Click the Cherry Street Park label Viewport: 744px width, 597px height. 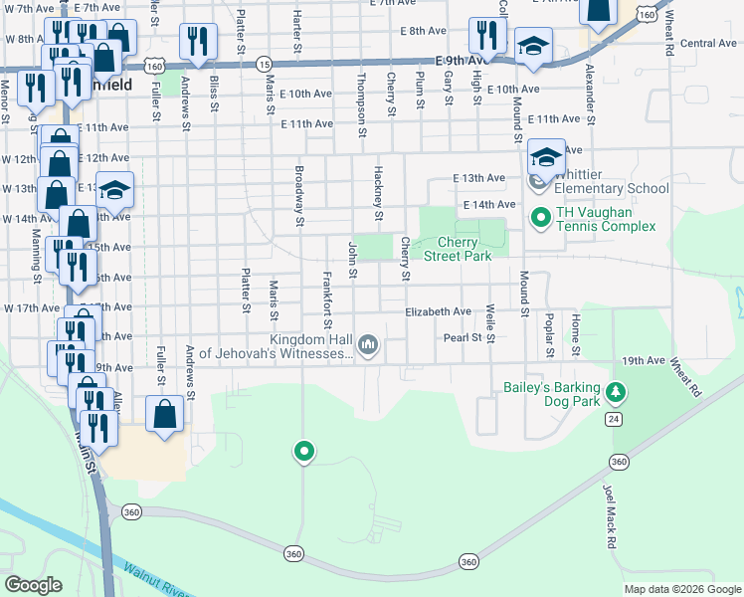pyautogui.click(x=459, y=249)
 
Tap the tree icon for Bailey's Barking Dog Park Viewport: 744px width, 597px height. pyautogui.click(x=617, y=393)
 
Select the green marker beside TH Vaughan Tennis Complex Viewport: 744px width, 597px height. pyautogui.click(x=540, y=216)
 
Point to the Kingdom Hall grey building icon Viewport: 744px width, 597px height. pyautogui.click(x=369, y=345)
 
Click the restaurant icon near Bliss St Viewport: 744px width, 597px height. pyautogui.click(x=198, y=41)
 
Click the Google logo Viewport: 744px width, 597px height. pyautogui.click(x=33, y=585)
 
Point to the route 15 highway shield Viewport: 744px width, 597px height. pyautogui.click(x=263, y=64)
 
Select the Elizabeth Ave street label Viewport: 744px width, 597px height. pyautogui.click(x=438, y=311)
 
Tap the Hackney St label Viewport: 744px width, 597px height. pyautogui.click(x=379, y=194)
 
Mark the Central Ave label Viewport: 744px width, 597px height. pyautogui.click(x=708, y=43)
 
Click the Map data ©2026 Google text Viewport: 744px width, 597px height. pyautogui.click(x=681, y=589)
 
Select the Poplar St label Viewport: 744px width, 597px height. pyautogui.click(x=549, y=338)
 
